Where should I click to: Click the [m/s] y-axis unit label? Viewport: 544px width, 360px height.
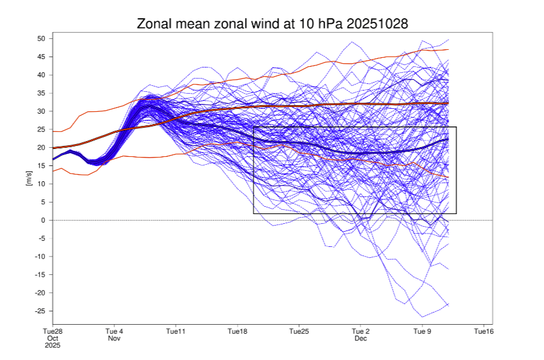[29, 178]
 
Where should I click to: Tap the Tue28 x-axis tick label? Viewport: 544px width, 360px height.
[53, 331]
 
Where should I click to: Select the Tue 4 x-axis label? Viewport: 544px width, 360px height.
[114, 331]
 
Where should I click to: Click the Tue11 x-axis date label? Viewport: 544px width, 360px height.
[176, 331]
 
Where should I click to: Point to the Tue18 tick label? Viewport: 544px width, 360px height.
[237, 331]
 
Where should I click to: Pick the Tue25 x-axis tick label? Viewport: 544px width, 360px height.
[299, 331]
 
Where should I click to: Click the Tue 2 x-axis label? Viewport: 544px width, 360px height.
[360, 331]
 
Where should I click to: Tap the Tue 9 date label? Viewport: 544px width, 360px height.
[422, 331]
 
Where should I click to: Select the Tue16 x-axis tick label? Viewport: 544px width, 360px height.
[483, 331]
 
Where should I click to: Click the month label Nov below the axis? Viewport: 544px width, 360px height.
[114, 338]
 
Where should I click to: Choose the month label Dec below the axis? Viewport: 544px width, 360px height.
[360, 338]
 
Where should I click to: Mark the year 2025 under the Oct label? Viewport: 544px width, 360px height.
[53, 345]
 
